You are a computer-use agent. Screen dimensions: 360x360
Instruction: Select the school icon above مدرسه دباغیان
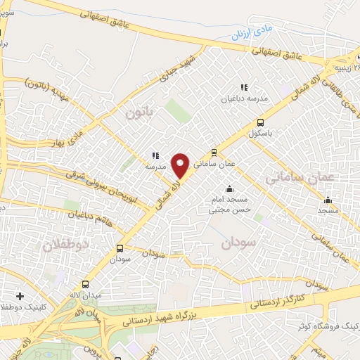244,88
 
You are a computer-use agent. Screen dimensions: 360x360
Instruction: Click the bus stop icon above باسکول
261,121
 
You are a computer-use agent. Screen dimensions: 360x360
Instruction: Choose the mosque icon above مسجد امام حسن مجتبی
229,188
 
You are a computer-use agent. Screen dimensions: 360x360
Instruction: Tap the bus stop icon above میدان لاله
86,285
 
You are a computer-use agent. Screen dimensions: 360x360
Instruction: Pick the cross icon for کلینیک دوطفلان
20,296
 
